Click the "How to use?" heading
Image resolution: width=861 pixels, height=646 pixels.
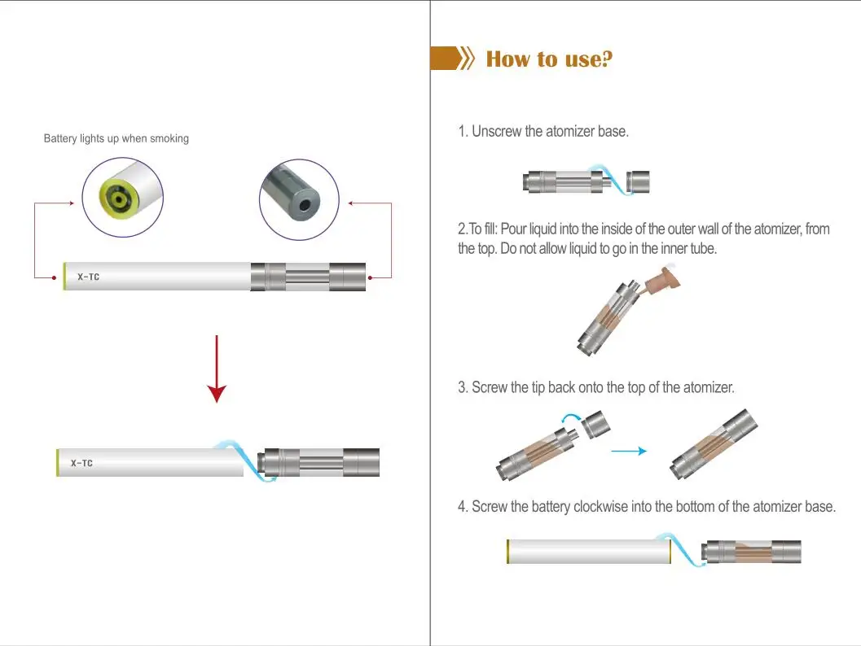pos(548,59)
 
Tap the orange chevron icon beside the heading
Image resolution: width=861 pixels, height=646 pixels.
pos(467,59)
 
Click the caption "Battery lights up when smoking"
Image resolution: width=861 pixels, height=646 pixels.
pos(116,138)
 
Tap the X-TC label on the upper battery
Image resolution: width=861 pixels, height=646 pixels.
pos(88,277)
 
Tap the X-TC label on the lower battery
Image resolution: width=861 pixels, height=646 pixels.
pos(81,463)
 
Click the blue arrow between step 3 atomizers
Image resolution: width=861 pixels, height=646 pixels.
pos(628,450)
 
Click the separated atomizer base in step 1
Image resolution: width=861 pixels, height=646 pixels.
pos(638,181)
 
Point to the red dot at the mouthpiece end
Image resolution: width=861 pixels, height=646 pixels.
pos(371,277)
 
